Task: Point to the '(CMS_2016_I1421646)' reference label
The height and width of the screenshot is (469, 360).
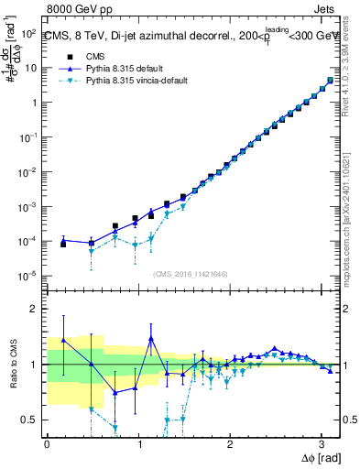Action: (x=189, y=273)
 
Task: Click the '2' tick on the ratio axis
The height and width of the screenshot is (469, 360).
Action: (x=35, y=309)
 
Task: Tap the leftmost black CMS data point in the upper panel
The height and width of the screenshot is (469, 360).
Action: (x=63, y=244)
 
